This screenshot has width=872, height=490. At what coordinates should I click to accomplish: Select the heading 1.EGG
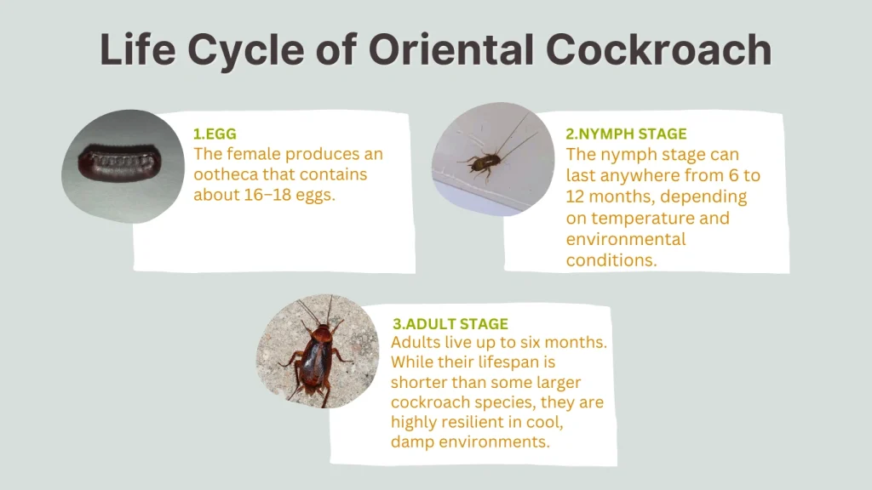point(215,134)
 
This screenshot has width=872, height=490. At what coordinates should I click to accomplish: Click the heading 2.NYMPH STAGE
point(626,134)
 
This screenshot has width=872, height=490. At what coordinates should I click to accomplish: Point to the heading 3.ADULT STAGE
point(450,324)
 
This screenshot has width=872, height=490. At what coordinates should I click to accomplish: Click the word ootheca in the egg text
point(226,174)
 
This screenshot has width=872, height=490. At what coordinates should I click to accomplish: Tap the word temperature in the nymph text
point(634,218)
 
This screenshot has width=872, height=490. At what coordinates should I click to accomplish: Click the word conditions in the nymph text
point(611,260)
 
